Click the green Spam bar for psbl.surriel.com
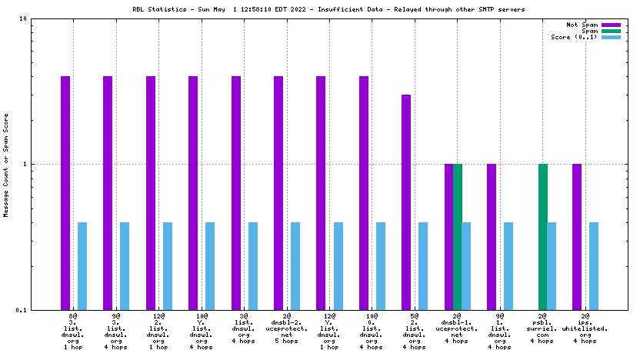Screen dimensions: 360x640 point(542,237)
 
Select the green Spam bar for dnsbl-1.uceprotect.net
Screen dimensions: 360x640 point(458,237)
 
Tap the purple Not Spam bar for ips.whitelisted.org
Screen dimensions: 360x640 point(576,237)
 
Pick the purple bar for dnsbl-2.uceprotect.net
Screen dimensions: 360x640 point(278,192)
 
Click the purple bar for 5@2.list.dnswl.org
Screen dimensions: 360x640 point(406,202)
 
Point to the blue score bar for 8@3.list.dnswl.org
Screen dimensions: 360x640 point(82,265)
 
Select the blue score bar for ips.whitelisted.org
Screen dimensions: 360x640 point(594,265)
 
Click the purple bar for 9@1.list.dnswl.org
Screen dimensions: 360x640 point(492,237)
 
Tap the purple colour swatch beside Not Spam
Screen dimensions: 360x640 point(611,25)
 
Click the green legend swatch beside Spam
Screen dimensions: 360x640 point(611,31)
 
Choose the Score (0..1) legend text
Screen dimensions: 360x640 point(574,37)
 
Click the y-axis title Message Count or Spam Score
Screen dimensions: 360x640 point(6,164)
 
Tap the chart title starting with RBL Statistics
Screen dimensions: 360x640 point(319,9)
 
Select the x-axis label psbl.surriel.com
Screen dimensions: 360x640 point(542,331)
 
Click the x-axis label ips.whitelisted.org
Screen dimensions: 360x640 point(585,331)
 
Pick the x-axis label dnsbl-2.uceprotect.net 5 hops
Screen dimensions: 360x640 point(287,331)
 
